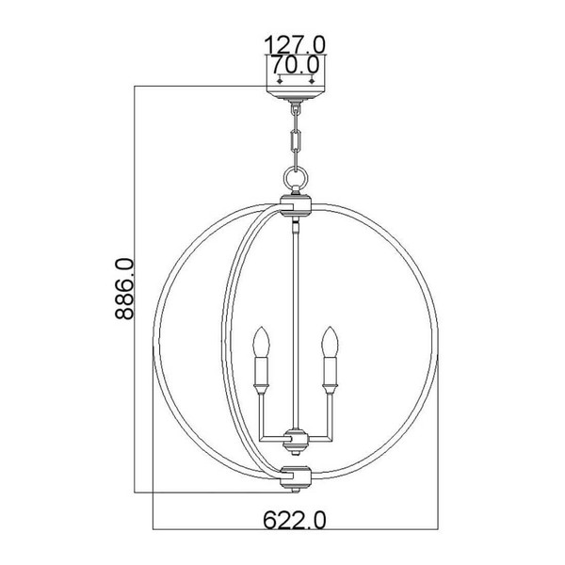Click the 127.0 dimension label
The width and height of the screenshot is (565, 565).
[295, 44]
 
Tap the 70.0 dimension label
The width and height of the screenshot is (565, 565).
[295, 65]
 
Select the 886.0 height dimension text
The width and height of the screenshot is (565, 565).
[124, 289]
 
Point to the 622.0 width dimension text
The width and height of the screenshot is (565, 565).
[295, 521]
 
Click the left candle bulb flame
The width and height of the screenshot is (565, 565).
[261, 342]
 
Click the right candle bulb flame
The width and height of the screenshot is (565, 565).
[330, 342]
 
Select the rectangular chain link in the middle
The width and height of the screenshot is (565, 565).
[296, 140]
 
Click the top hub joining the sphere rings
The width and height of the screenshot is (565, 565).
[296, 205]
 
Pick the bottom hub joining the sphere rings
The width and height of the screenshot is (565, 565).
[296, 477]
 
